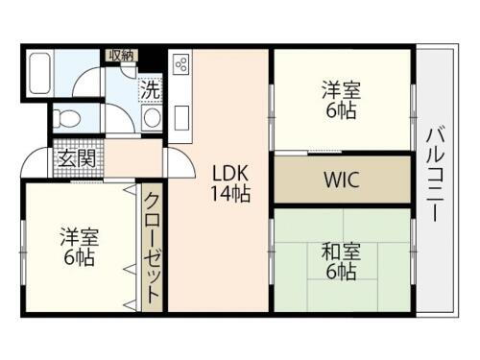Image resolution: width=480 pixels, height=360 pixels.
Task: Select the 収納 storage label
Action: click(x=121, y=56)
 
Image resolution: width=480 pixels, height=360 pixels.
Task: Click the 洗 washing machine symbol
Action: click(x=150, y=89)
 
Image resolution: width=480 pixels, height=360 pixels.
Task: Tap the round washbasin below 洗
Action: click(x=151, y=117)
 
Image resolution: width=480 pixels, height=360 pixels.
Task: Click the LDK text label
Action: click(x=230, y=173)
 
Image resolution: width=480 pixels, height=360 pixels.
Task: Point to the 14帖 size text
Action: click(x=230, y=193)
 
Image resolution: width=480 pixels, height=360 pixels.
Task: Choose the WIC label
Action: click(x=342, y=180)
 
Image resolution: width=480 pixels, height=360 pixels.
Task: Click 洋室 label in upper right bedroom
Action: click(x=341, y=90)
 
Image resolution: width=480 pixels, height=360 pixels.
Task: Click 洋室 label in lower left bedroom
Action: click(x=79, y=235)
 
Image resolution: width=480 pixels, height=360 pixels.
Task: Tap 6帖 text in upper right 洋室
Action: click(x=341, y=110)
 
